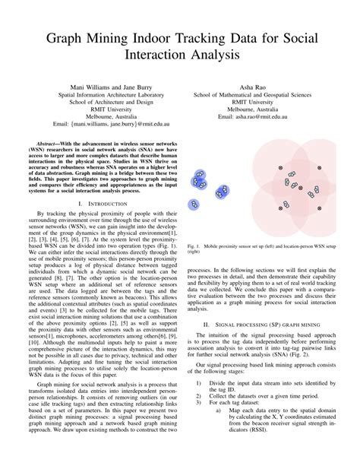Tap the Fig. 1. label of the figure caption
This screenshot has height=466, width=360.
tap(194, 247)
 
